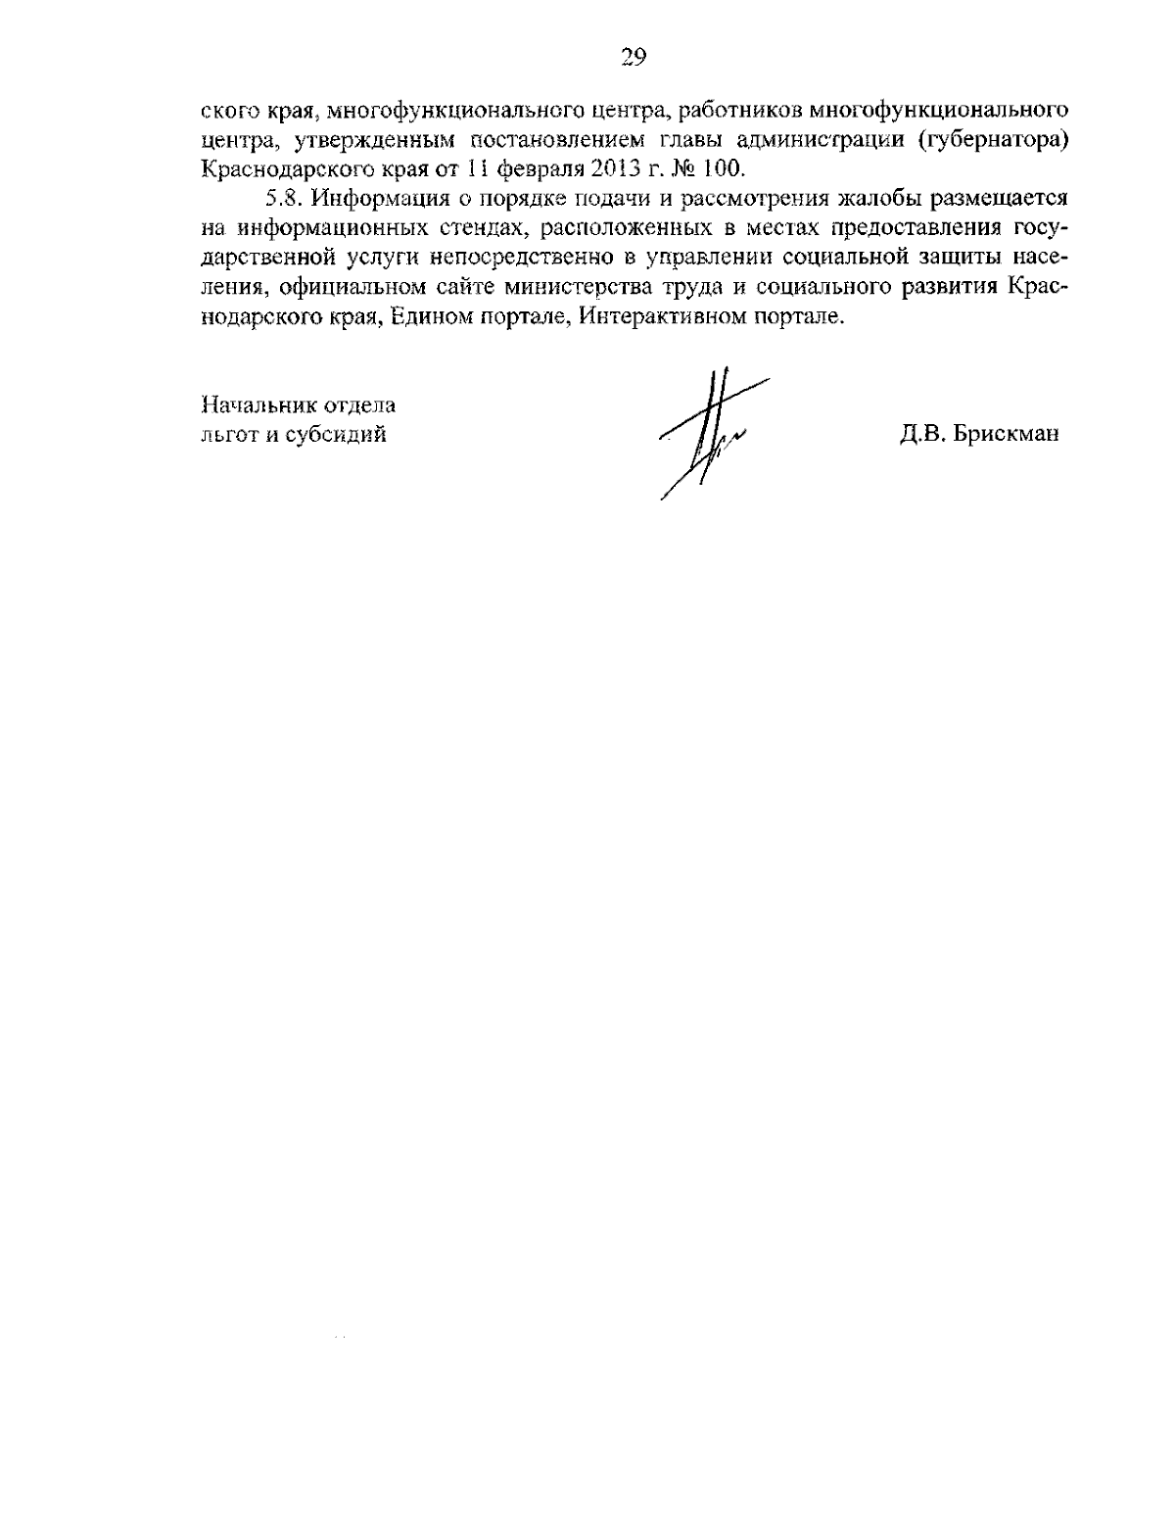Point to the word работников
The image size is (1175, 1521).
tap(739, 108)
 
